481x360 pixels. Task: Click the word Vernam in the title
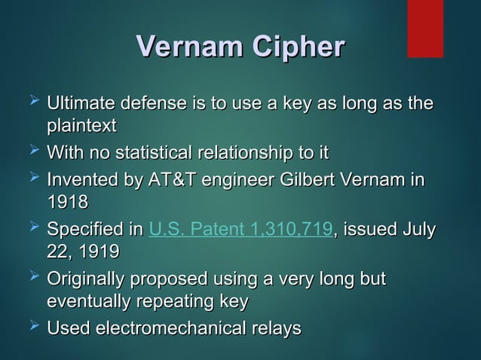(x=180, y=47)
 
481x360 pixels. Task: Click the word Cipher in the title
(x=288, y=47)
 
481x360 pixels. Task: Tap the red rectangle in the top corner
(x=425, y=29)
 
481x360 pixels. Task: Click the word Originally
(x=87, y=279)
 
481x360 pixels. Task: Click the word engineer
(x=240, y=182)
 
